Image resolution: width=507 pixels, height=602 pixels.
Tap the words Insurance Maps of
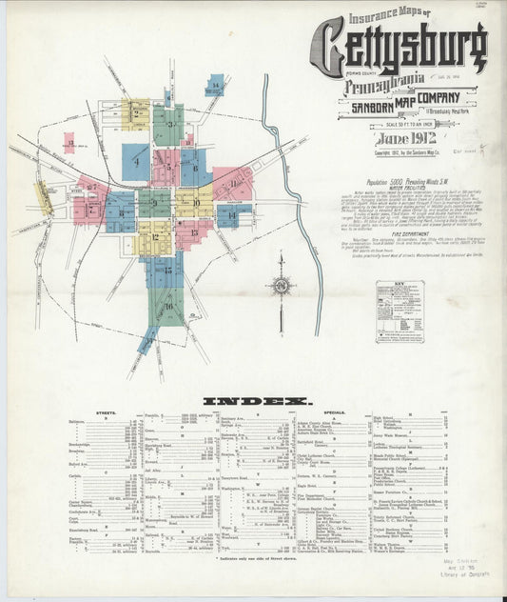click(389, 16)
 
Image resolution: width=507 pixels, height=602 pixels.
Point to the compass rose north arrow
click(281, 284)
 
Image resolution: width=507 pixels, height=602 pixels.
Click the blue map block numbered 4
click(136, 162)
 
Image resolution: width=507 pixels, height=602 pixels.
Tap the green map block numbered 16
click(169, 306)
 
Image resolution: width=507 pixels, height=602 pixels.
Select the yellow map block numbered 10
click(196, 202)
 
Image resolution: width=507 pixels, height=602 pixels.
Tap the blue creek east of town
click(302, 219)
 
